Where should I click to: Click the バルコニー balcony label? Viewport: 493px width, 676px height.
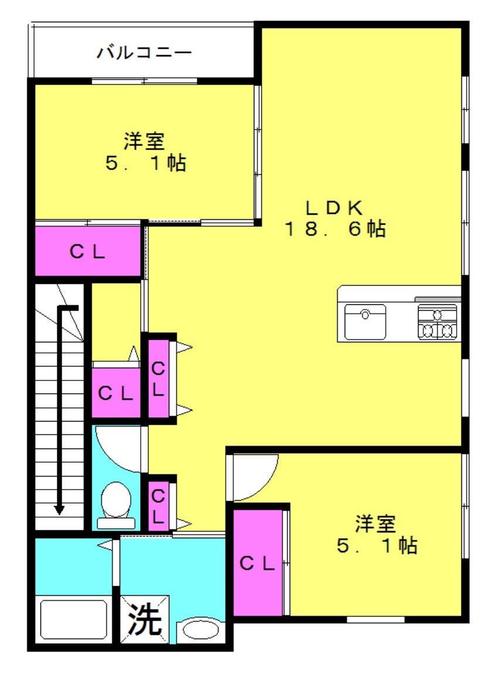click(x=144, y=53)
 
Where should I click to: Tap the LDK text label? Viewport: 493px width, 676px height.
click(x=334, y=208)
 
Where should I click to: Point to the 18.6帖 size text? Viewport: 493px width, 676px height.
click(x=334, y=229)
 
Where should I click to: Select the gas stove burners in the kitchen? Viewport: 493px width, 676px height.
click(x=437, y=322)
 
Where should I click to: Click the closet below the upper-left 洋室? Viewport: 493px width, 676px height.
click(x=88, y=251)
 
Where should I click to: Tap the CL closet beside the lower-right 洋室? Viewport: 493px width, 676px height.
click(x=257, y=563)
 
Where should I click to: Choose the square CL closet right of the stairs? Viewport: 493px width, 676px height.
click(x=116, y=392)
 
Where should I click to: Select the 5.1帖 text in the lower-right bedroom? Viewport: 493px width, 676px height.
click(x=377, y=545)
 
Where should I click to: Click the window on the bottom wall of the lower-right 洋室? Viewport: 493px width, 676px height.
click(x=375, y=620)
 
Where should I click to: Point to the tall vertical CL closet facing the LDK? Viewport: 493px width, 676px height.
click(x=158, y=379)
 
